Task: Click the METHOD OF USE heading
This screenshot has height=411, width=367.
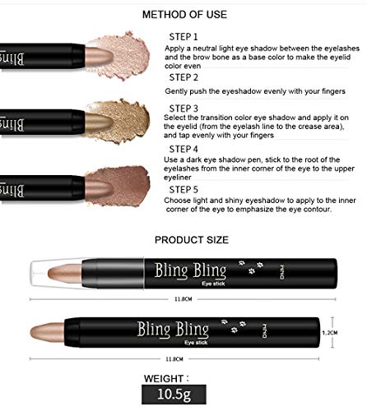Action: click(184, 15)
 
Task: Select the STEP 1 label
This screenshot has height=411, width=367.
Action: click(183, 37)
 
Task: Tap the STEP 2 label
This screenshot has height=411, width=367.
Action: click(183, 77)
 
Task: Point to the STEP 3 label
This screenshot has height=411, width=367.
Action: click(183, 109)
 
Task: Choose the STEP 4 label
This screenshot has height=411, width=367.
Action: click(183, 149)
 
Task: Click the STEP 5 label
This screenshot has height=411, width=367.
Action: click(183, 190)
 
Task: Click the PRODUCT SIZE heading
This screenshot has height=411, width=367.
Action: click(192, 240)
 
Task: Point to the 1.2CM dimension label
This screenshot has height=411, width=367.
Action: click(330, 333)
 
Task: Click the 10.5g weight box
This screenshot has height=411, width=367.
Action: click(174, 395)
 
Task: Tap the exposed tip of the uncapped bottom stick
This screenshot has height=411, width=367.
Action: click(47, 332)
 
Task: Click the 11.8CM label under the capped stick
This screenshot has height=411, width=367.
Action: click(183, 299)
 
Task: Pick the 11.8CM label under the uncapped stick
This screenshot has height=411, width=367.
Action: click(174, 359)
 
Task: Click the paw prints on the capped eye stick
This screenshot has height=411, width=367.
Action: click(251, 267)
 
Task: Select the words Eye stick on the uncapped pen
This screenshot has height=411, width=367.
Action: click(196, 343)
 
